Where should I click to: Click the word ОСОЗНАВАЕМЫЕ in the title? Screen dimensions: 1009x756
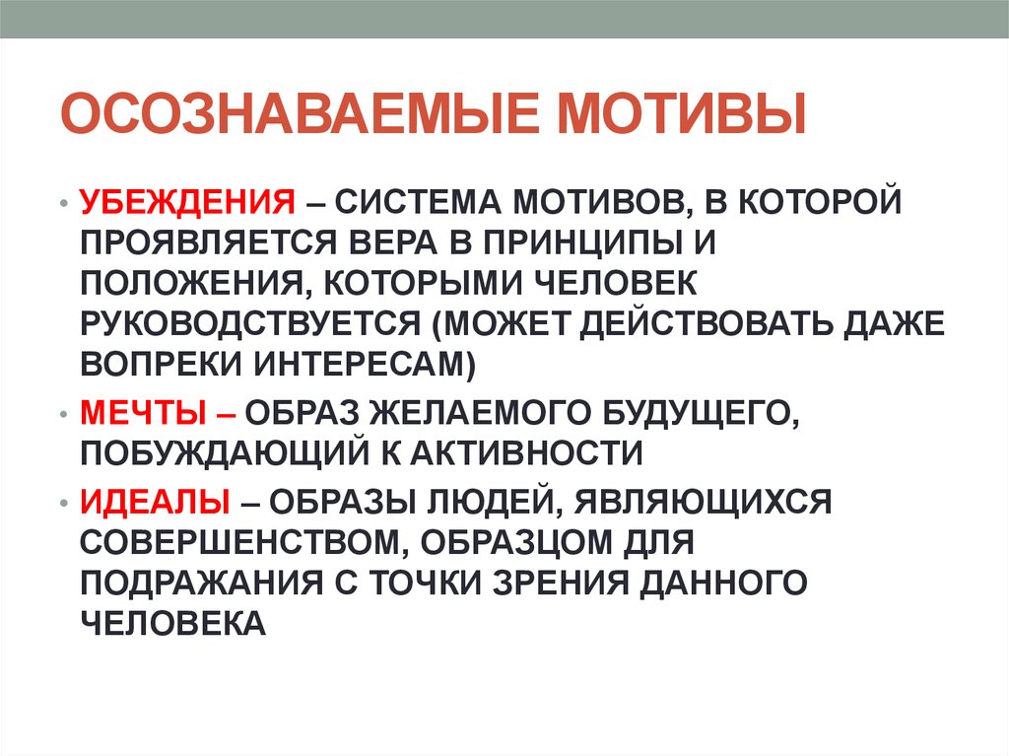point(300,114)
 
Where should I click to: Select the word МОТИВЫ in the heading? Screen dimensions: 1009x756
point(682,114)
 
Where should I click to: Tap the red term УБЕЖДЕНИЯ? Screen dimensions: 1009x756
point(187,202)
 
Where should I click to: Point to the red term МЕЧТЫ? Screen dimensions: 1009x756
point(143,413)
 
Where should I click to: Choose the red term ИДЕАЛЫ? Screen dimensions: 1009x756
point(155,502)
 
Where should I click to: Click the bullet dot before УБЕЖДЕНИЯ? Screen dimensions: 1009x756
point(63,203)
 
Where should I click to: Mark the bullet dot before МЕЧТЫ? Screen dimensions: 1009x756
point(63,414)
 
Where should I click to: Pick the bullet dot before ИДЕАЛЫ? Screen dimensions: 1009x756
point(63,503)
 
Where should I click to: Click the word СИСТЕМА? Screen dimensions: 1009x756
point(418,202)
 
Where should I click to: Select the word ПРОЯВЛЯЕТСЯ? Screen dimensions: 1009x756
point(209,242)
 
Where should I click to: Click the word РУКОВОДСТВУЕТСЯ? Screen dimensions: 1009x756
point(249,324)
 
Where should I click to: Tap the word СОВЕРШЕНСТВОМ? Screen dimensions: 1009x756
point(245,543)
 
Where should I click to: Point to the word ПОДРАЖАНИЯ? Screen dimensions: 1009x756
point(201,584)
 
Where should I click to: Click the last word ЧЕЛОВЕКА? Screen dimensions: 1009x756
point(172,623)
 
